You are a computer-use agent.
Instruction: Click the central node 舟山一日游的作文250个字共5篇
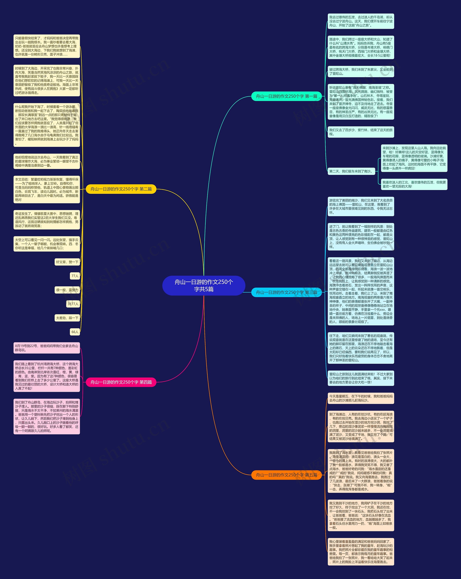[204, 285]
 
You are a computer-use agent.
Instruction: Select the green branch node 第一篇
[286, 96]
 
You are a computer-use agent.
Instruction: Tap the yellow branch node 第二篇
[121, 189]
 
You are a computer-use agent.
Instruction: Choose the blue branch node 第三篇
[286, 292]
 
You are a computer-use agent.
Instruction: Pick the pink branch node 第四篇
[121, 382]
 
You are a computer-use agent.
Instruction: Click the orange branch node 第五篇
[286, 475]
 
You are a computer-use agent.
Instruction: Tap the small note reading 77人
[75, 276]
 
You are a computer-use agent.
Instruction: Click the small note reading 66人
[75, 332]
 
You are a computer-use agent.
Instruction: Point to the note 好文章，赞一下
[67, 262]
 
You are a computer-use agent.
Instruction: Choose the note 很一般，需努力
[67, 290]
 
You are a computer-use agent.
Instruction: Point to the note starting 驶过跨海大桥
[361, 71]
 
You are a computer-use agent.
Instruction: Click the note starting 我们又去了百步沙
[361, 132]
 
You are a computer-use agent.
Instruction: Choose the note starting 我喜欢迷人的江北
[414, 184]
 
